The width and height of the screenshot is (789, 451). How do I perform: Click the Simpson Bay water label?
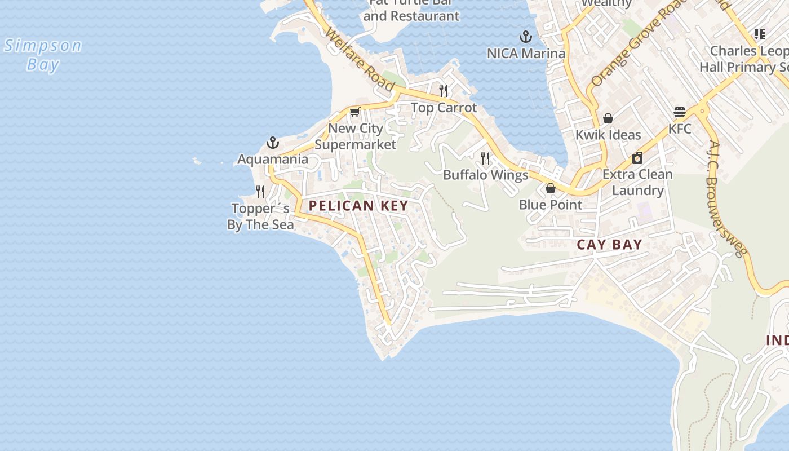(43, 55)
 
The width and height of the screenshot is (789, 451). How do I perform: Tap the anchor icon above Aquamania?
(273, 143)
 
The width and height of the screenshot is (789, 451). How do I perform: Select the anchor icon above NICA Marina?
(526, 37)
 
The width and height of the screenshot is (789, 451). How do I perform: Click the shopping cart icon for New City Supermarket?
(354, 112)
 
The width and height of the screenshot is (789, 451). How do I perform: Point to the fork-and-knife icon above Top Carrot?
(444, 90)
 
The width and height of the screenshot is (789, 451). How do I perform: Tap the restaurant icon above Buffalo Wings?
(485, 158)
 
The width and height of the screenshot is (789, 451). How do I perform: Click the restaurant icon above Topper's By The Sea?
(260, 192)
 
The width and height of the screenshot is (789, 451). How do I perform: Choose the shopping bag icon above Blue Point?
(551, 188)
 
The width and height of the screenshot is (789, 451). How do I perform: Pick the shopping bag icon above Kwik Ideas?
(608, 118)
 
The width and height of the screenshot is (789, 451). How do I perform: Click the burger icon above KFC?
(680, 112)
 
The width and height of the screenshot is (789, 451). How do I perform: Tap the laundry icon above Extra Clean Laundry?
(637, 158)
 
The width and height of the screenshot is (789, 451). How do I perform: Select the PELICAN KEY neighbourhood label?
(358, 206)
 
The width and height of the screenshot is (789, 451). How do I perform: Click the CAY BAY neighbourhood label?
(609, 245)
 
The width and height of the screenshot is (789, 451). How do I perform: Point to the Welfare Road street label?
(359, 59)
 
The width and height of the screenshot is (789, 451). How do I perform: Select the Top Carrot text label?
(444, 108)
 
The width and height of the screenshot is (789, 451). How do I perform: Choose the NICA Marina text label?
(526, 54)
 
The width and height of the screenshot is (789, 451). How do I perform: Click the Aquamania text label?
(273, 160)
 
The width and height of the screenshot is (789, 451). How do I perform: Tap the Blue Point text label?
(551, 205)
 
